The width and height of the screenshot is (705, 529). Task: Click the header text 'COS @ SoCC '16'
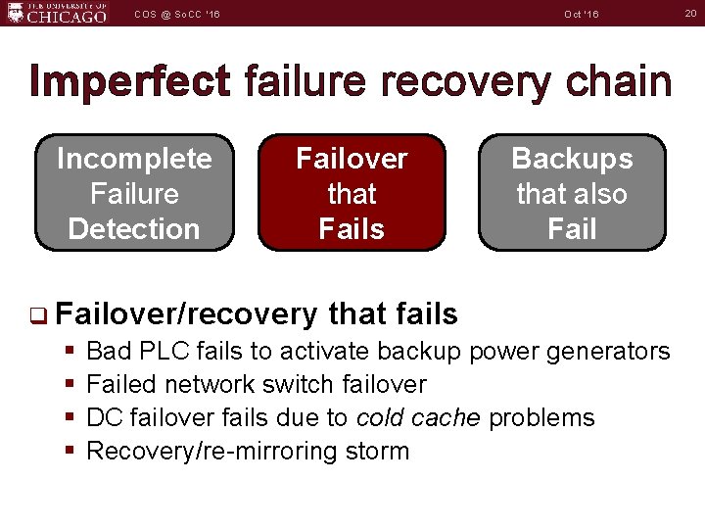pyautogui.click(x=178, y=14)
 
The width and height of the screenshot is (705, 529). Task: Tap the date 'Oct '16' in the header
pyautogui.click(x=581, y=14)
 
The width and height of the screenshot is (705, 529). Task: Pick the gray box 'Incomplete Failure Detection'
pyautogui.click(x=134, y=193)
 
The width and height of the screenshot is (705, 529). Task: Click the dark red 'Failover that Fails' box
pyautogui.click(x=352, y=193)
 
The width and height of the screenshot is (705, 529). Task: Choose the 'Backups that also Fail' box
pyautogui.click(x=572, y=193)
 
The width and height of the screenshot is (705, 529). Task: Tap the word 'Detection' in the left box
pyautogui.click(x=134, y=229)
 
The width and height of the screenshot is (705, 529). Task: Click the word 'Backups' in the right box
pyautogui.click(x=572, y=159)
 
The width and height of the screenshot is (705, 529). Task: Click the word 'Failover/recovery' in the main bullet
pyautogui.click(x=187, y=314)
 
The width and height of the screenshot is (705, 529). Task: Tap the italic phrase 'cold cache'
pyautogui.click(x=418, y=417)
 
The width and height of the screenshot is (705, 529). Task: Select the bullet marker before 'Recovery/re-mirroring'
pyautogui.click(x=71, y=451)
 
